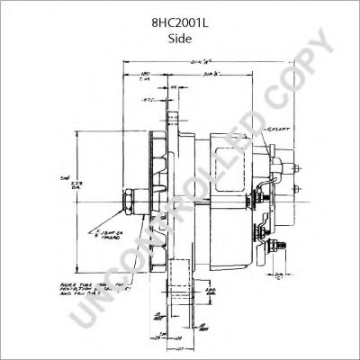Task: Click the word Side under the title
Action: pos(179,40)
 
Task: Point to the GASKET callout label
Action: pos(281,131)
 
